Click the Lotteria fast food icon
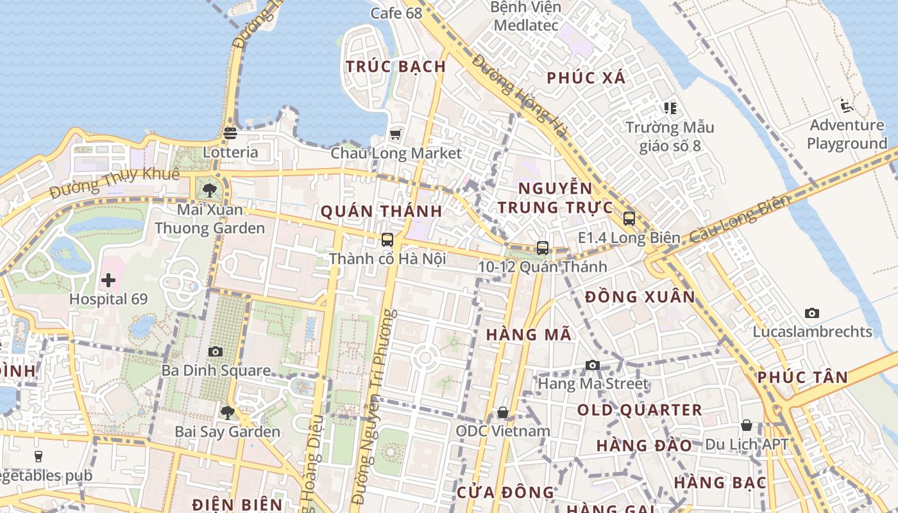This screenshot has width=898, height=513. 230,133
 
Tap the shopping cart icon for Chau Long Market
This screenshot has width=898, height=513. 396,134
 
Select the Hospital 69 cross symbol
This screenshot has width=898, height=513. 108,280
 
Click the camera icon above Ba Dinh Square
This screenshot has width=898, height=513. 216,351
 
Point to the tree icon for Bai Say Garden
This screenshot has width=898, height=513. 227,412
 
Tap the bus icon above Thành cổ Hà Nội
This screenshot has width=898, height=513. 387,240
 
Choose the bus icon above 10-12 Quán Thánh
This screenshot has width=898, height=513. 543,248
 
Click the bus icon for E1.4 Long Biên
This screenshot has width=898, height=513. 629,219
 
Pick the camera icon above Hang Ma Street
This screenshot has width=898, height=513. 593,365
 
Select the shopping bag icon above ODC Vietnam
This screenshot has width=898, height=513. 503,412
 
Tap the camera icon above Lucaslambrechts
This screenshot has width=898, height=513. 812,313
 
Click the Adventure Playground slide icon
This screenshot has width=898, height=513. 847,105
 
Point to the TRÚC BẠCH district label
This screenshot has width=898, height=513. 396,66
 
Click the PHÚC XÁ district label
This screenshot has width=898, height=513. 586,78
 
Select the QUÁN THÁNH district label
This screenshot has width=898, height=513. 381,211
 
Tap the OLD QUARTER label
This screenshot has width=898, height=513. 640,410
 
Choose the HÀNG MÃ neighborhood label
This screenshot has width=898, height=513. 529,334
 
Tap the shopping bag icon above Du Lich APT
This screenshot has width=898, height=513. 746,425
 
